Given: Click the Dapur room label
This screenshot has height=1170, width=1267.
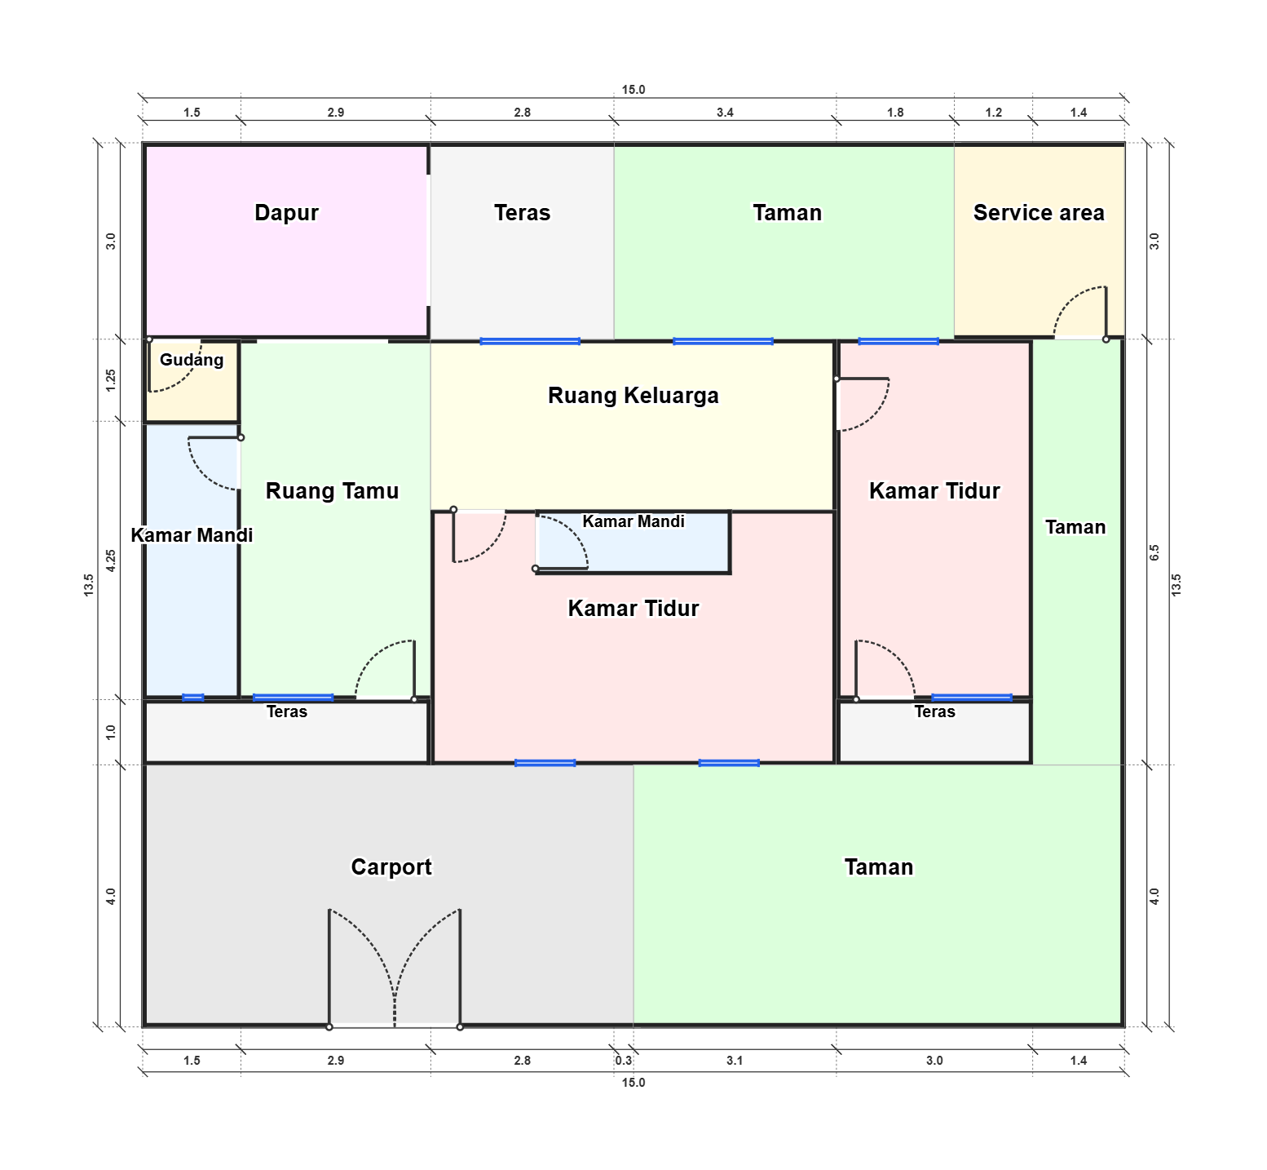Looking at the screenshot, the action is tap(286, 213).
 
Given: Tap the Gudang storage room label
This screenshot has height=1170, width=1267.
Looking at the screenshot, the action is tap(192, 360).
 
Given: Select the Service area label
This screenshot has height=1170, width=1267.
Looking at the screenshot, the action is tap(1039, 213).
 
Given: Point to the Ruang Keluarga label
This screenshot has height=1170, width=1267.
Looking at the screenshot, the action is tap(633, 396).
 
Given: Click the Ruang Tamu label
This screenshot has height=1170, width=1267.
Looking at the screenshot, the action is tap(333, 491).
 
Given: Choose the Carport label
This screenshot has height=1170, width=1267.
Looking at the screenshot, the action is tap(391, 866).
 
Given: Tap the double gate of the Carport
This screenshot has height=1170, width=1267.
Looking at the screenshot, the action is tap(395, 968).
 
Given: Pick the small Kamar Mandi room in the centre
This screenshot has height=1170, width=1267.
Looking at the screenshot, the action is tap(633, 542).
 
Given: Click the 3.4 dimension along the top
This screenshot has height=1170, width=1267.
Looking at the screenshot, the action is tap(725, 113).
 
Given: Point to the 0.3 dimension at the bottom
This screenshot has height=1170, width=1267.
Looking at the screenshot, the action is tap(624, 1061).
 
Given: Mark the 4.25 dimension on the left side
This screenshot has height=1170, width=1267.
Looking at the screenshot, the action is tap(111, 561).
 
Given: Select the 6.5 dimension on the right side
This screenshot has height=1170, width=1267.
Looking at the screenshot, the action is tap(1154, 552).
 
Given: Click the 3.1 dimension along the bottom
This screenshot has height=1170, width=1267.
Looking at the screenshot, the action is tap(735, 1061).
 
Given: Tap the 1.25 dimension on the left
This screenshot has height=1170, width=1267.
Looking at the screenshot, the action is tap(111, 380).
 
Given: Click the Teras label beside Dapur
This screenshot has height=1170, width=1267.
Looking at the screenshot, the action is tap(523, 213).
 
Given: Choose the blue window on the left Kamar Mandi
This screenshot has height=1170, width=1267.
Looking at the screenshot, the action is tap(193, 698).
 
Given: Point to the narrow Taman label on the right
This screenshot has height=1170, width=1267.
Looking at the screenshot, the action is tap(1075, 527).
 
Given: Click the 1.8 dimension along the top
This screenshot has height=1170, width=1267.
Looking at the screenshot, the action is tap(895, 113).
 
